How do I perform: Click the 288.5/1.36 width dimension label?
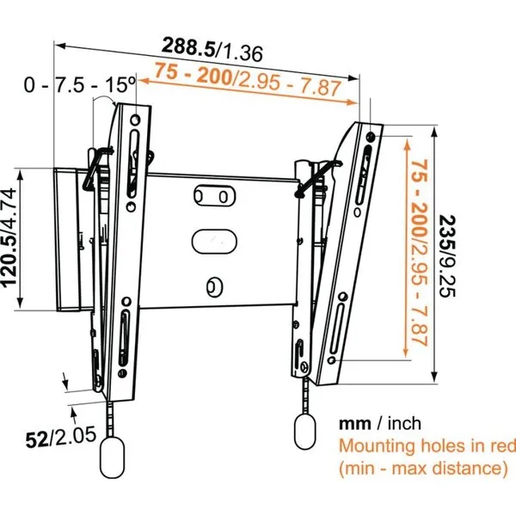pyautogui.click(x=212, y=49)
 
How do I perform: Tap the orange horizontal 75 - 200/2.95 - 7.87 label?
pyautogui.click(x=248, y=79)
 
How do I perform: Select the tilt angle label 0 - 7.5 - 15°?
pyautogui.click(x=80, y=84)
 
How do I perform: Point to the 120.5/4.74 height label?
pyautogui.click(x=9, y=237)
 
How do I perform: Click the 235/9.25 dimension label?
pyautogui.click(x=447, y=256)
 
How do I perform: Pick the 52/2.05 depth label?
pyautogui.click(x=61, y=436)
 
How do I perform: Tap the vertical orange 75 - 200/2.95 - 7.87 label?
pyautogui.click(x=420, y=253)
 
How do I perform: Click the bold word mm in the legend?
pyautogui.click(x=355, y=424)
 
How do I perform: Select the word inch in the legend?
pyautogui.click(x=404, y=423)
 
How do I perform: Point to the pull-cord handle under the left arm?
pyautogui.click(x=113, y=458)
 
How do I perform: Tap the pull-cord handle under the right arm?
pyautogui.click(x=304, y=432)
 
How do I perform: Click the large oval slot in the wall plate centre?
pyautogui.click(x=214, y=242)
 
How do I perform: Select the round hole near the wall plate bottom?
pyautogui.click(x=214, y=287)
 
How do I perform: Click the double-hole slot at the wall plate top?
pyautogui.click(x=214, y=196)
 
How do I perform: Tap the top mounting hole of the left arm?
pyautogui.click(x=135, y=120)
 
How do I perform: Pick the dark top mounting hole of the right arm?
pyautogui.click(x=371, y=136)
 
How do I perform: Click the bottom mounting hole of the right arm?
pyautogui.click(x=332, y=360)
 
